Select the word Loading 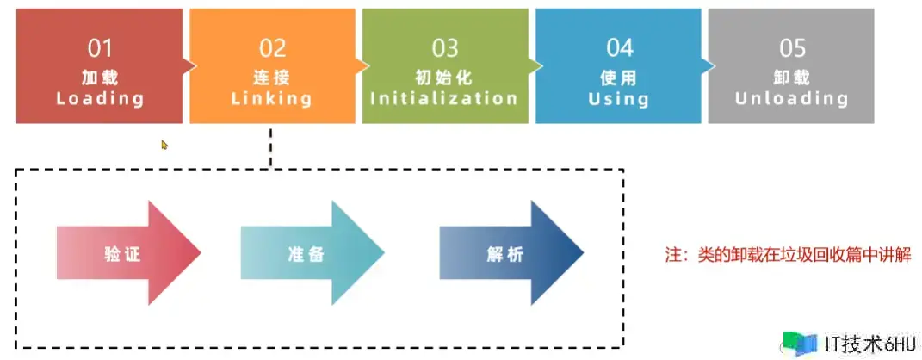[100, 98]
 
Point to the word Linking [272, 98]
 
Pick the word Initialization [444, 98]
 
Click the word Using [619, 98]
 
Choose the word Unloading [791, 98]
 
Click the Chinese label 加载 [100, 77]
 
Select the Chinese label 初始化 [444, 77]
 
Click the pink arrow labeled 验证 [129, 253]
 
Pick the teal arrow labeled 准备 [312, 253]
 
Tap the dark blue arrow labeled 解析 [511, 253]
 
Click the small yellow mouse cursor [164, 145]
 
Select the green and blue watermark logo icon [801, 344]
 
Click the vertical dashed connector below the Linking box [270, 146]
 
